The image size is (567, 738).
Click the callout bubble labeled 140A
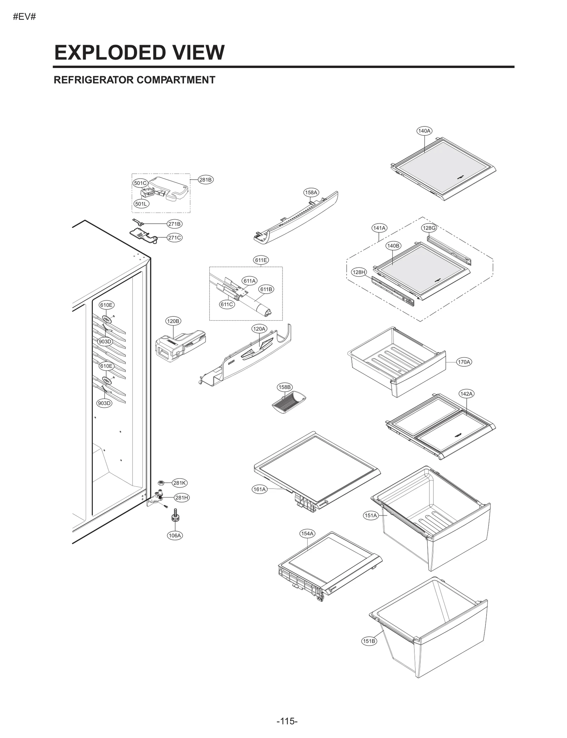click(424, 131)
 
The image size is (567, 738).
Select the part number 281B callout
click(205, 180)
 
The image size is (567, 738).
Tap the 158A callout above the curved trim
click(311, 192)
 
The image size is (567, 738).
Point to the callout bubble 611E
click(261, 260)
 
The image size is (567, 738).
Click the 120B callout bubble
click(173, 321)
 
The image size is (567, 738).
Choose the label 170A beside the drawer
click(464, 362)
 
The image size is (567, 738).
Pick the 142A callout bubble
click(466, 394)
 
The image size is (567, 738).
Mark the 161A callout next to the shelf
click(259, 489)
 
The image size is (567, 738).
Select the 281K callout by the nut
click(179, 483)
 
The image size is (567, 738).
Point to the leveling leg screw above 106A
click(175, 517)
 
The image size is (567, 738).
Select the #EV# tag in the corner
click(24, 17)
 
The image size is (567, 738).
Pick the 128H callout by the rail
click(359, 272)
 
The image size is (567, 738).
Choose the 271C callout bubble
click(174, 238)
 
